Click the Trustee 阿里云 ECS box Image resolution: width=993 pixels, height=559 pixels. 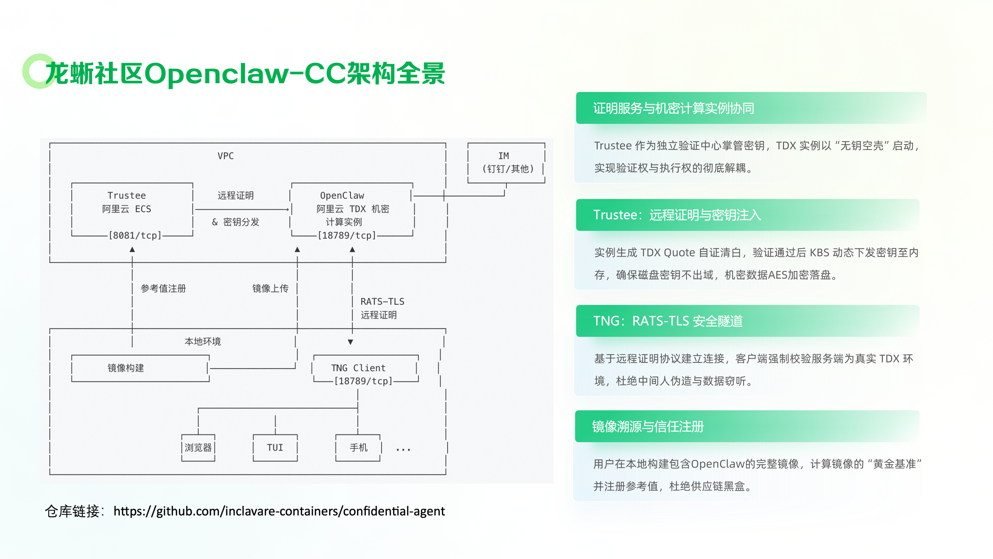132,209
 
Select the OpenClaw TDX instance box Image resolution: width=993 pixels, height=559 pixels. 352,209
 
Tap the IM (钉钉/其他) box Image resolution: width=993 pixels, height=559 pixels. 506,162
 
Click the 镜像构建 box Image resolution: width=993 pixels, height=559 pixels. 140,368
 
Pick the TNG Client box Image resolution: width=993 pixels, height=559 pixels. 365,369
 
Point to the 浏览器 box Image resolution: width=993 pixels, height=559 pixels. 198,448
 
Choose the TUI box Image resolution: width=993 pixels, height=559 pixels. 275,448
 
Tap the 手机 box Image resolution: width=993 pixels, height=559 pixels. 358,448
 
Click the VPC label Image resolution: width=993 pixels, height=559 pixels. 225,156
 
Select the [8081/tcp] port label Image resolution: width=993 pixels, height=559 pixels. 135,236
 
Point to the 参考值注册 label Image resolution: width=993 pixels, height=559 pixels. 163,289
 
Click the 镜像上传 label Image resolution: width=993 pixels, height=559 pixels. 270,289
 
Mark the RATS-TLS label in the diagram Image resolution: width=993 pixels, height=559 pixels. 382,302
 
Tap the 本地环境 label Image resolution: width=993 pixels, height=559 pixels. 202,342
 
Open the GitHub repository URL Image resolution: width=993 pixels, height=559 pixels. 279,511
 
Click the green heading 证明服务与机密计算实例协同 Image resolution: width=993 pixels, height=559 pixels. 674,108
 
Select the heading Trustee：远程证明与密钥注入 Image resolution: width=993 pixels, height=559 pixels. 677,215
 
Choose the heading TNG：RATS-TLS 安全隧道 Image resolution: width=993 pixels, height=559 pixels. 668,321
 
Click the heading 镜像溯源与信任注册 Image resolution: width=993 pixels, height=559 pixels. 648,427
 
